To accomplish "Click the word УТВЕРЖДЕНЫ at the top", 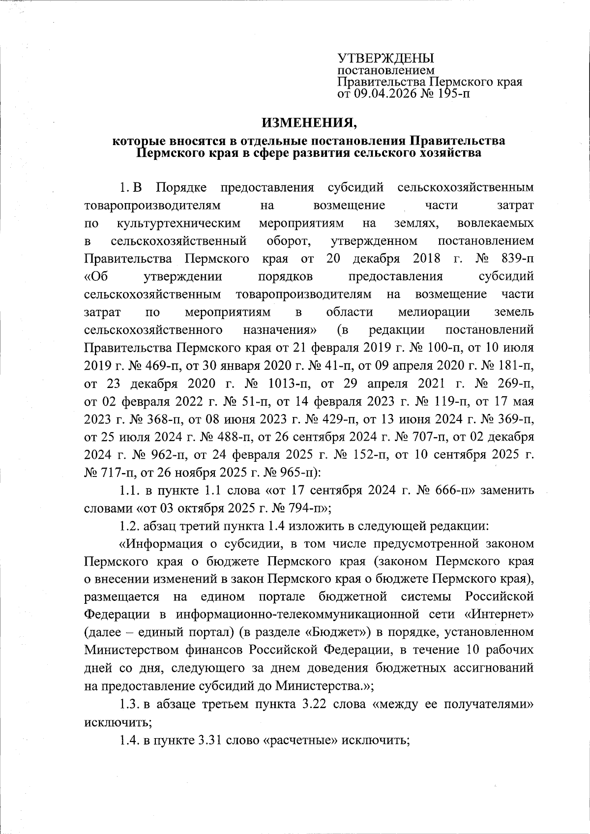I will click(x=385, y=58).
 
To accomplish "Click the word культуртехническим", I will click(x=179, y=223).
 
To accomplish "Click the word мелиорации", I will click(x=434, y=312).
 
